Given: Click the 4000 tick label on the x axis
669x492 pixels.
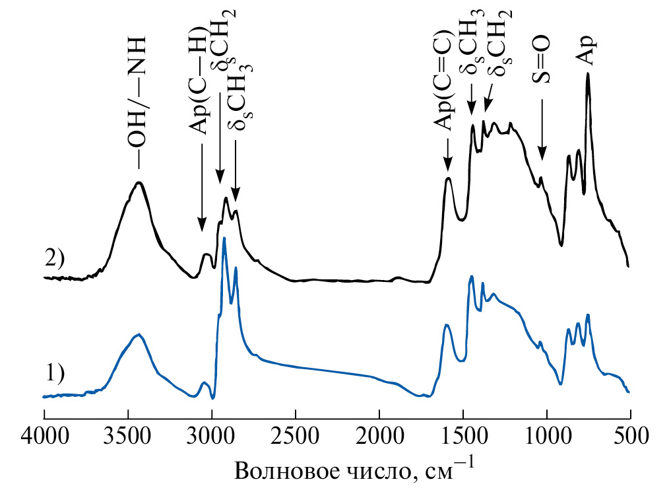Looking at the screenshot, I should coord(44,437).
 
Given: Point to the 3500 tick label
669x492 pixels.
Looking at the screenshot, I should coord(127,437).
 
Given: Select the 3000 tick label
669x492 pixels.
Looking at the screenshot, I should coord(212,437).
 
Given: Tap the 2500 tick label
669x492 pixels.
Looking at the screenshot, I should coord(295,437).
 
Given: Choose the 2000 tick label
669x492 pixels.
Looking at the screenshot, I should coord(379,437).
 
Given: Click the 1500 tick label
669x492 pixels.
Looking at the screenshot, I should coord(463,437).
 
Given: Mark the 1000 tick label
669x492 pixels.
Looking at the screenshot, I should coord(547,437).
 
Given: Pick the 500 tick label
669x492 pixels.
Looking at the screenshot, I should coord(630,437).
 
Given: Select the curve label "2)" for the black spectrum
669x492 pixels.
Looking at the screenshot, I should coord(54,258).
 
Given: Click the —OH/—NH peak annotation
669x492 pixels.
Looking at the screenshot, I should coord(137,92).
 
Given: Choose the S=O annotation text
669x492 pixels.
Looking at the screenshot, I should coord(542,59).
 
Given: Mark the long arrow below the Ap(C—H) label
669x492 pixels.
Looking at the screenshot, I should coord(202,192).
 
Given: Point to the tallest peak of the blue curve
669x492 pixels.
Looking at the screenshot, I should coord(224,238).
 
